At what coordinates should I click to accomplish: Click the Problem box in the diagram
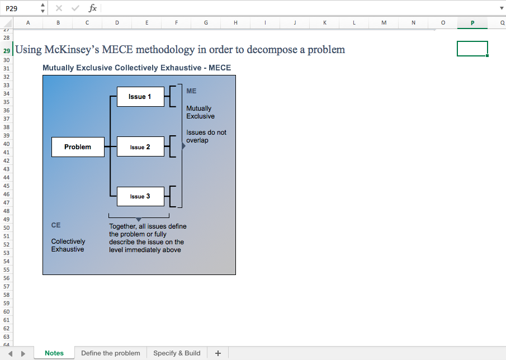click(x=78, y=147)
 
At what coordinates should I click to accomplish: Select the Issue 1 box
click(x=140, y=97)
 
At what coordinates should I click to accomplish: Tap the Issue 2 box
click(x=140, y=147)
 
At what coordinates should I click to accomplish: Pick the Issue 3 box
click(x=140, y=196)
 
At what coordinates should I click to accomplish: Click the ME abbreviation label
click(x=191, y=91)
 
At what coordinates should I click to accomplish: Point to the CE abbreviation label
click(x=56, y=225)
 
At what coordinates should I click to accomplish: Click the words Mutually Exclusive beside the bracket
click(x=200, y=112)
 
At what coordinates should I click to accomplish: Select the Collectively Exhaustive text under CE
click(x=68, y=245)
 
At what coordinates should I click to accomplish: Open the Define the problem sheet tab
click(x=111, y=353)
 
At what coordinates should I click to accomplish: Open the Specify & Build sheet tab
click(x=177, y=353)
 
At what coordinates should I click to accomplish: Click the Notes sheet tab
click(x=54, y=353)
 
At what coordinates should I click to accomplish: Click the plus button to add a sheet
click(x=218, y=353)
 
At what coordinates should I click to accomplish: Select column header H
click(x=235, y=22)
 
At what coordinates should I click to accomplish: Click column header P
click(x=472, y=22)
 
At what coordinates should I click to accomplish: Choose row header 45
click(x=7, y=186)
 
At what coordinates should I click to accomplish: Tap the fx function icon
click(x=93, y=8)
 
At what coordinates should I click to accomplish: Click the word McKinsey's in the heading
click(x=72, y=50)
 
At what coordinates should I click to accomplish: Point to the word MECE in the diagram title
click(x=220, y=68)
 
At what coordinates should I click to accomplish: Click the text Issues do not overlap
click(x=206, y=136)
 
